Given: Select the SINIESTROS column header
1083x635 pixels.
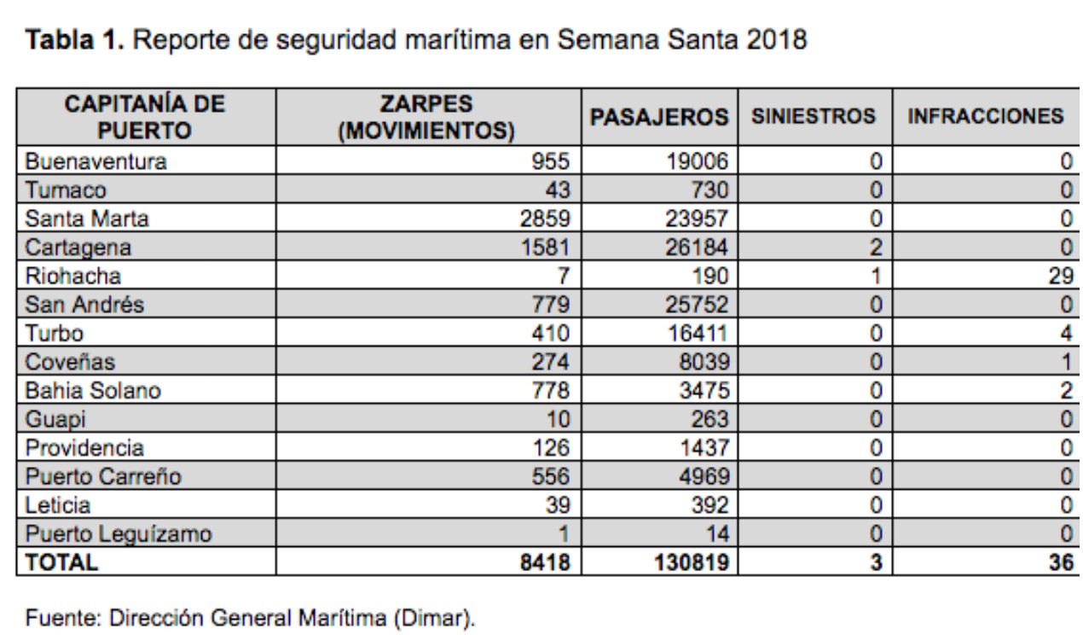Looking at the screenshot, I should [x=813, y=117].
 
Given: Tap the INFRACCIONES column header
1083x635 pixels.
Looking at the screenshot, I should [x=985, y=117].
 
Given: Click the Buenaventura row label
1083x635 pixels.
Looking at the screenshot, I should [x=96, y=160].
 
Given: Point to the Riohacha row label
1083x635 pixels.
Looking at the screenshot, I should [x=73, y=276].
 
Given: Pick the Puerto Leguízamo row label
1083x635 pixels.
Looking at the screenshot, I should [x=119, y=534].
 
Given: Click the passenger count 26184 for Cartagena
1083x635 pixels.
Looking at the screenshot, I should [x=697, y=248].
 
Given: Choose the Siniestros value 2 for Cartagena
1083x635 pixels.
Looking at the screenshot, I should [x=874, y=248].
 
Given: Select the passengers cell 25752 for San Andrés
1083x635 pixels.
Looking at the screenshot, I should [x=697, y=305].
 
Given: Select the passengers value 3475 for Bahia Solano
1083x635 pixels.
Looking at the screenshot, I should [x=703, y=391].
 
